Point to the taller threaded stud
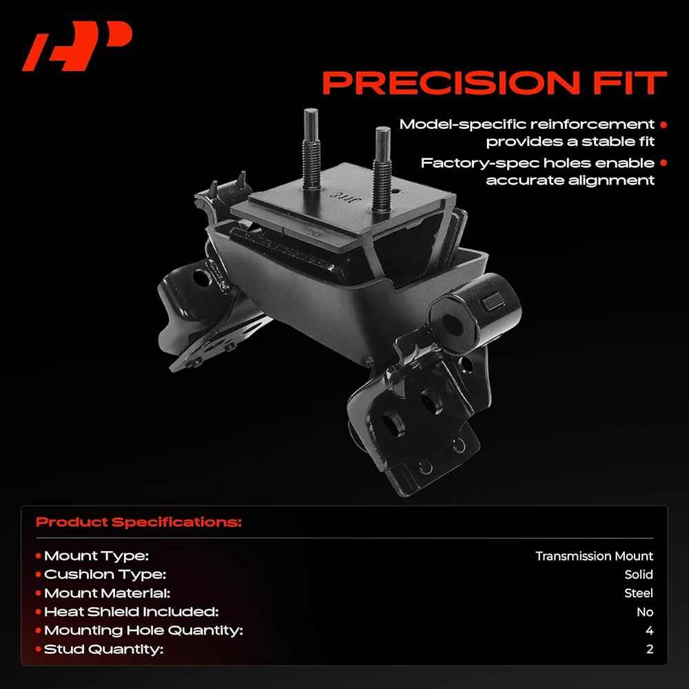point(311,149)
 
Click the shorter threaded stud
point(382,169)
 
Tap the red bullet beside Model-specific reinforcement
point(663,125)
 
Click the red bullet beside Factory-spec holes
point(663,163)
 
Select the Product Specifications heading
point(138,522)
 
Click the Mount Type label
point(96,556)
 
